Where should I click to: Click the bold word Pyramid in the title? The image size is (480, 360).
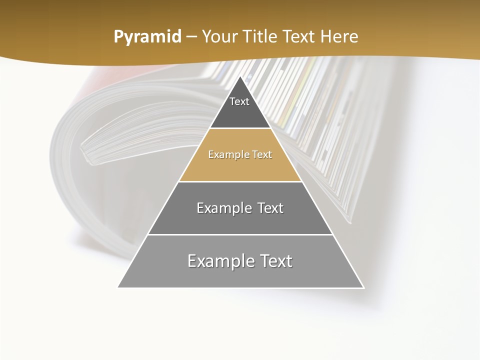pyautogui.click(x=147, y=37)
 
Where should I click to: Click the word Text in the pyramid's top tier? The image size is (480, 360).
pyautogui.click(x=239, y=101)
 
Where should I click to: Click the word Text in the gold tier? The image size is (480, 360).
pyautogui.click(x=262, y=154)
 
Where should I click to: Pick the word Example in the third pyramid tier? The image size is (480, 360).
pyautogui.click(x=223, y=208)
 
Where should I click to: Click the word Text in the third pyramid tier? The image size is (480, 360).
pyautogui.click(x=270, y=208)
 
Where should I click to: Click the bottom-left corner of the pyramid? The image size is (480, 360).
pyautogui.click(x=118, y=287)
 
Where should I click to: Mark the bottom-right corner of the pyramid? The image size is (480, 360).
pyautogui.click(x=363, y=287)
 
